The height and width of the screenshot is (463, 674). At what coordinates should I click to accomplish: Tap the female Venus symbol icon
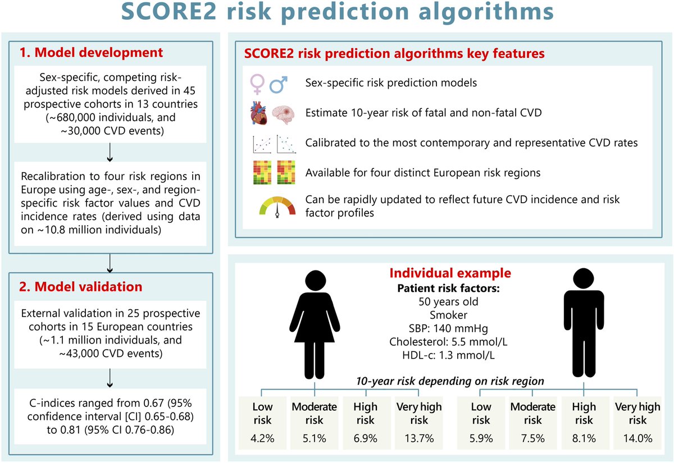257,84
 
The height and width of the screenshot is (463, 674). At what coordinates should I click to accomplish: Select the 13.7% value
418,438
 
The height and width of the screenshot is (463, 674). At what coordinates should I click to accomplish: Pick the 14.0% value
637,438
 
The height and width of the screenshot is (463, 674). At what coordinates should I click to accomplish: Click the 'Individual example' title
451,273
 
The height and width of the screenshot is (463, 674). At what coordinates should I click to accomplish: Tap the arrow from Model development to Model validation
111,261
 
